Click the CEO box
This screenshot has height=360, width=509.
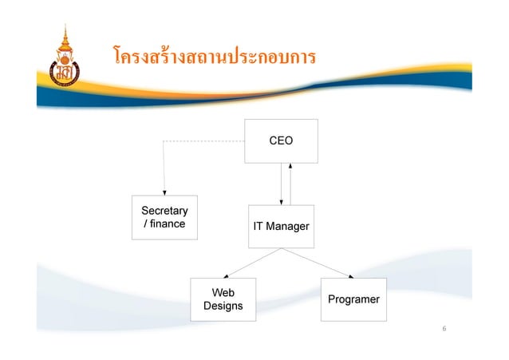(x=281, y=141)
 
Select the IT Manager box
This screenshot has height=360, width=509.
(x=281, y=227)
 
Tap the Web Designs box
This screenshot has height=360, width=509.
(x=223, y=299)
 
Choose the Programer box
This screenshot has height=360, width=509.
(x=353, y=299)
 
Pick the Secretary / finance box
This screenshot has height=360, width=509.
(x=164, y=217)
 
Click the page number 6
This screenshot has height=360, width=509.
(x=444, y=330)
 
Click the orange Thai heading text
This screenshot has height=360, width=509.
(x=215, y=57)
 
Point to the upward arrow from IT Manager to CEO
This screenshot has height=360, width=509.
(x=292, y=184)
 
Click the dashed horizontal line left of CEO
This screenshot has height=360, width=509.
(x=203, y=141)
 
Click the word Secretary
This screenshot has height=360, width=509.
(x=164, y=211)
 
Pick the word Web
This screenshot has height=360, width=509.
(x=223, y=292)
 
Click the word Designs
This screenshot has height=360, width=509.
(x=223, y=306)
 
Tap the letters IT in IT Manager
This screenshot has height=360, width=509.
(x=258, y=227)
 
